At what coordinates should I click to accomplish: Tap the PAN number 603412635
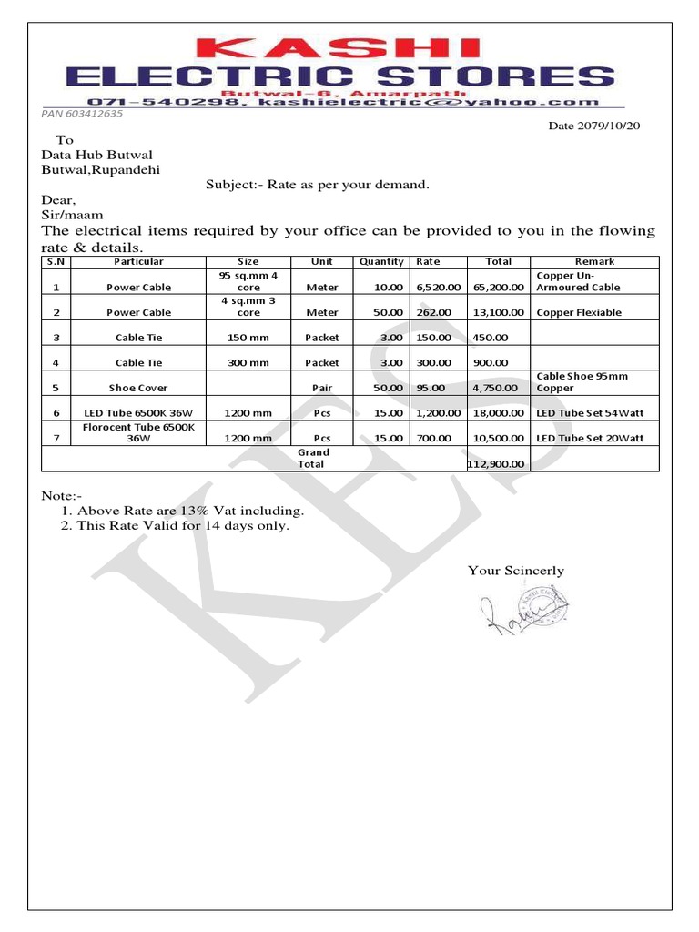point(82,114)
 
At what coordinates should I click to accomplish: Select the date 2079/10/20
point(593,126)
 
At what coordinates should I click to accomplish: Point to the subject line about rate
point(317,185)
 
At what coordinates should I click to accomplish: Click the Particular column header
point(138,261)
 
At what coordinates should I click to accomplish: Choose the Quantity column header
point(381,261)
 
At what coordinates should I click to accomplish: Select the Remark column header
point(594,261)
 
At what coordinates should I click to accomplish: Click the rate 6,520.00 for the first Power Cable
point(439,287)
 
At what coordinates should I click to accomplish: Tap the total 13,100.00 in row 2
point(498,312)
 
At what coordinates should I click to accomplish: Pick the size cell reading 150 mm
point(248,338)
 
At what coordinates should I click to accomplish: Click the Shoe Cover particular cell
point(138,388)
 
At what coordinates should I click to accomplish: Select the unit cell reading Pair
point(322,388)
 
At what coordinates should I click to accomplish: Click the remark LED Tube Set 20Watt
point(590,438)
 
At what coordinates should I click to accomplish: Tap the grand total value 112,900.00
point(497,463)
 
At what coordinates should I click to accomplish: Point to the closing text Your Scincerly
point(515,571)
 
